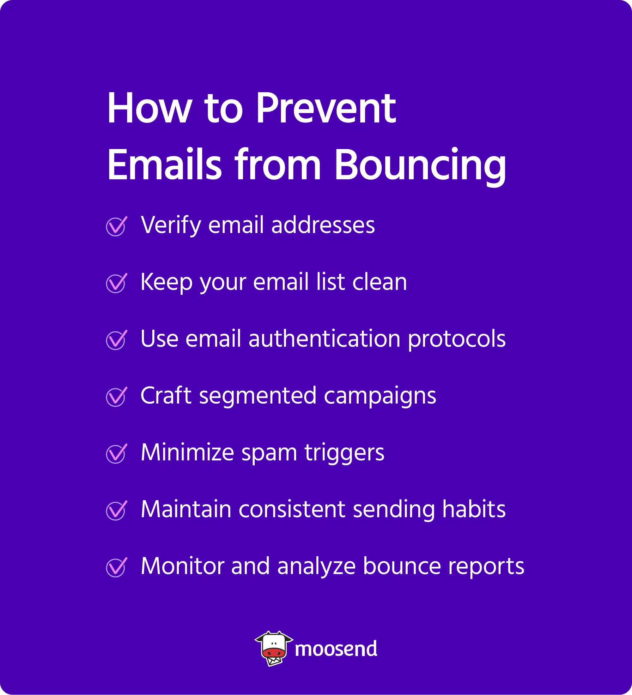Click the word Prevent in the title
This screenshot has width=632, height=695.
point(326,109)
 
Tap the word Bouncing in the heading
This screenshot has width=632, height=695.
point(420,165)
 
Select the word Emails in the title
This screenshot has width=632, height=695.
point(165,165)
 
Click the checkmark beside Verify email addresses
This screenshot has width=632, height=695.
point(116,226)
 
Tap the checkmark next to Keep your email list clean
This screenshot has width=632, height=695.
point(116,283)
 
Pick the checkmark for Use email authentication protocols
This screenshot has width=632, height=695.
point(116,340)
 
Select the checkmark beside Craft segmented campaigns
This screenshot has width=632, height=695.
point(116,397)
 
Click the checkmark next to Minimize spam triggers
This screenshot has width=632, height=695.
point(116,454)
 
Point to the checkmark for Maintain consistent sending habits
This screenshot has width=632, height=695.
point(116,511)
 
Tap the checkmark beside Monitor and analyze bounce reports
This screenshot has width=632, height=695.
point(116,567)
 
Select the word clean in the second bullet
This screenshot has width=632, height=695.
point(380,282)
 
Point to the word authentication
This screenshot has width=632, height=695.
point(324,339)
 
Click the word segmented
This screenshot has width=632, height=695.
point(258,396)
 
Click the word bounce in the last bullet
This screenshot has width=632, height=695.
point(402,566)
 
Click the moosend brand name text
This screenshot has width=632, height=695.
point(336,649)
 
